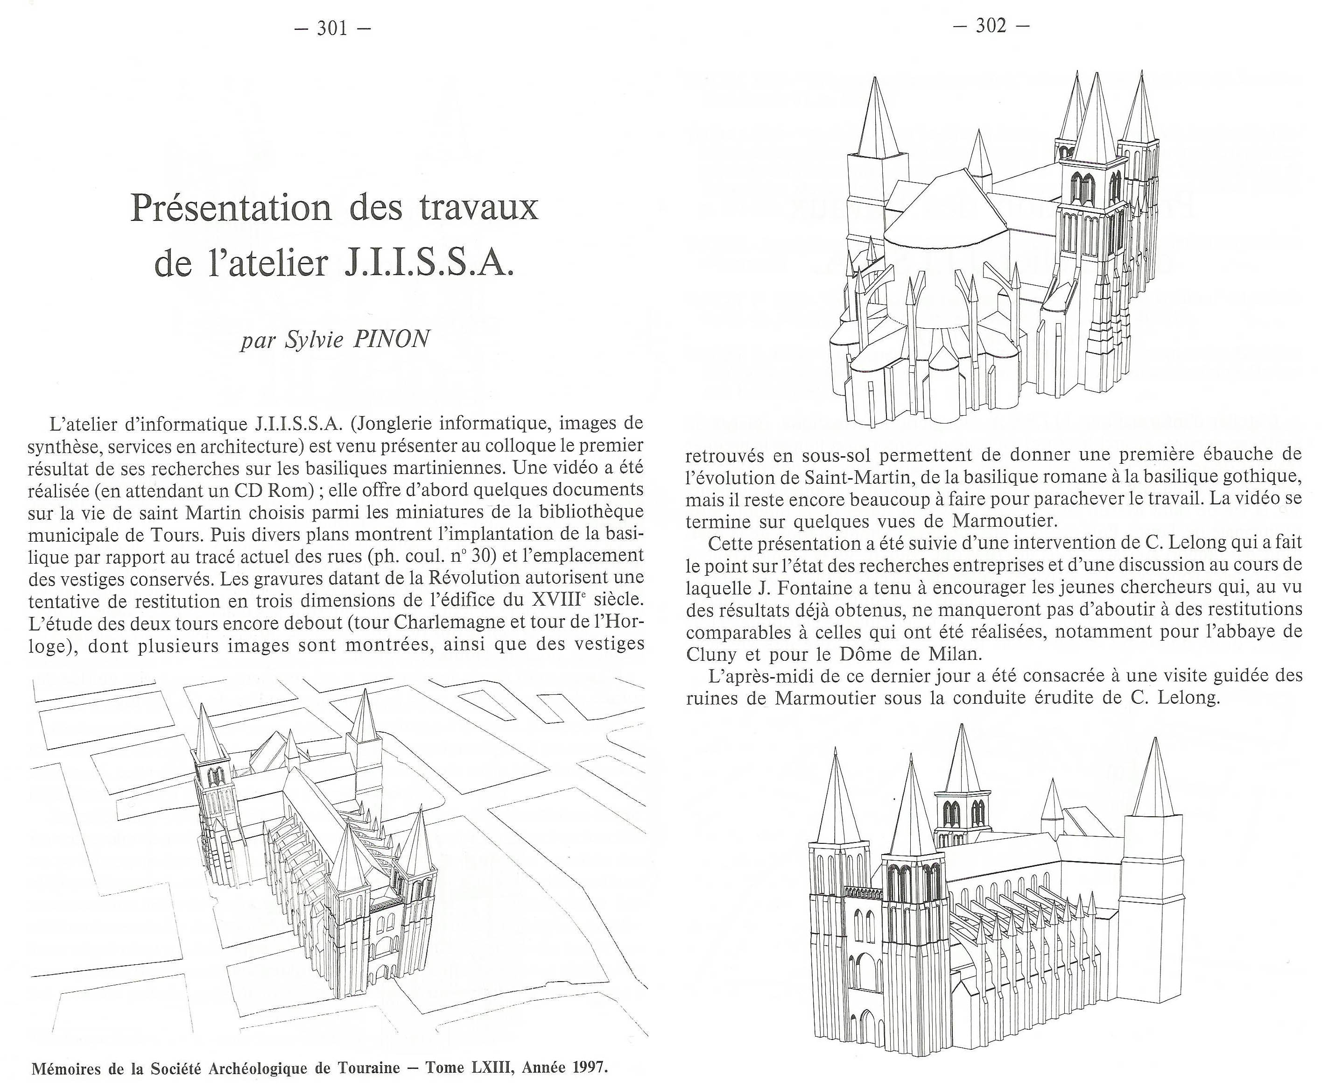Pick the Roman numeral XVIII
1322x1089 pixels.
[554, 601]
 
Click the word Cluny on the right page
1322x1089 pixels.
[710, 654]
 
